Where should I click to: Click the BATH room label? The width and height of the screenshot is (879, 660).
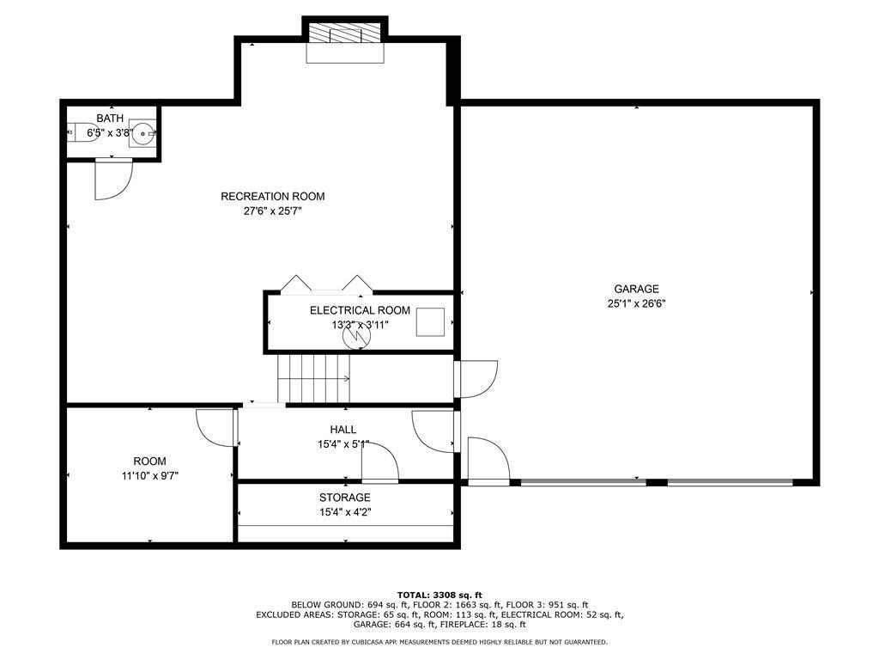110,119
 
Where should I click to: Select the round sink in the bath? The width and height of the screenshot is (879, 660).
142,133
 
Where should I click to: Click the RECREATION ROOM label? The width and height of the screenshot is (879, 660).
272,197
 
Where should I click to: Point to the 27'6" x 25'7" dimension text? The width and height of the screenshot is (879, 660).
272,211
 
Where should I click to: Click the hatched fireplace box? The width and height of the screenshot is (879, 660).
345,34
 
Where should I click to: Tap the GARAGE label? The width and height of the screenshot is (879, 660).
636,289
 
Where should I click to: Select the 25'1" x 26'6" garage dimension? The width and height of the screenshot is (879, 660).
636,304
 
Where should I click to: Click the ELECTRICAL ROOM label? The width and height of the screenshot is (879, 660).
360,310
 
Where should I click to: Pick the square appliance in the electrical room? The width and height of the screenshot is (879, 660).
430,322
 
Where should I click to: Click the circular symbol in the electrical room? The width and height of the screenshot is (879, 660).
356,336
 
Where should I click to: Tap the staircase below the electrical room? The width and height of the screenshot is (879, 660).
314,378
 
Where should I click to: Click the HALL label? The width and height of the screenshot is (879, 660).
343,430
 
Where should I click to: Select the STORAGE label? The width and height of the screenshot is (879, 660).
345,498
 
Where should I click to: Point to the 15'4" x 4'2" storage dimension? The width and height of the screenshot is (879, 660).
345,512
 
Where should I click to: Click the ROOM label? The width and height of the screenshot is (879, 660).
149,461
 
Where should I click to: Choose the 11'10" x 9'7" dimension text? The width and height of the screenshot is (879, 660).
149,476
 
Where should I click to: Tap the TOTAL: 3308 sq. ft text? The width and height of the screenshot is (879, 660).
439,595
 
